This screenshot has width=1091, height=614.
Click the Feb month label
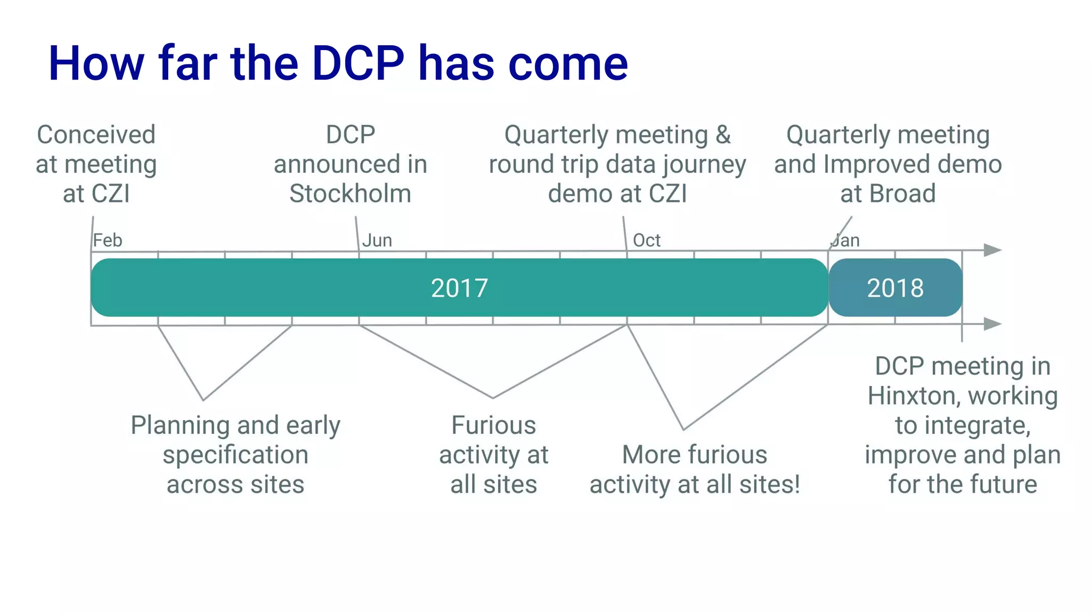point(108,240)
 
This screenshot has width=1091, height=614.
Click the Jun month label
point(377,240)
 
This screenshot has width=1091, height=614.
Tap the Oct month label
point(646,240)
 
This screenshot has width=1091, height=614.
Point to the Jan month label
point(845,240)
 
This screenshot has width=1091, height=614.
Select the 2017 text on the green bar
point(459,288)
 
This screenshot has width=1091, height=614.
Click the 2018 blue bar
point(895,288)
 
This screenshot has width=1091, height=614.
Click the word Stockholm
point(350,193)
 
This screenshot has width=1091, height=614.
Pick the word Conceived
point(96,134)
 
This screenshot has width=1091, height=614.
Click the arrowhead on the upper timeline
point(992,250)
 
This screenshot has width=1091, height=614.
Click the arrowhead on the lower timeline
point(992,324)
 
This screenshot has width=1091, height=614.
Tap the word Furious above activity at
point(493,425)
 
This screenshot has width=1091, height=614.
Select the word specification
point(235,455)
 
